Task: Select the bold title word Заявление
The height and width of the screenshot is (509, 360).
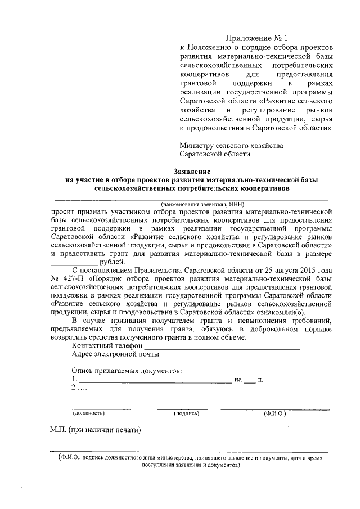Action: coord(191,170)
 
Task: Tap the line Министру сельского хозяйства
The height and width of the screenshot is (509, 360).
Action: coord(231,145)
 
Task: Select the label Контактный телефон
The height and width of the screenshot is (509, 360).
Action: coord(106,345)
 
